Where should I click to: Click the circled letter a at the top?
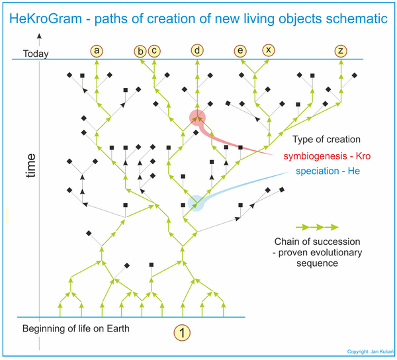pyautogui.click(x=97, y=51)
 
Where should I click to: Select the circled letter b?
pyautogui.click(x=140, y=52)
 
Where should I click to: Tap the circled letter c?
pyautogui.click(x=154, y=51)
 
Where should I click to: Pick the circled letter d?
pyautogui.click(x=197, y=50)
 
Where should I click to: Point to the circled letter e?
pyautogui.click(x=240, y=51)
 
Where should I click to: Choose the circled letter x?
pyautogui.click(x=269, y=50)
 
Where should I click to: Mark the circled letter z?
pyautogui.click(x=341, y=51)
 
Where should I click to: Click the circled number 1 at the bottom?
pyautogui.click(x=182, y=333)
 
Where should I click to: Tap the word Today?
pyautogui.click(x=36, y=54)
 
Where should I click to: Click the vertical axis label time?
pyautogui.click(x=30, y=165)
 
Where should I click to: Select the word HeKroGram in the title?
pyautogui.click(x=46, y=19)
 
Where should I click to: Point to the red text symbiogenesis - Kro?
pyautogui.click(x=327, y=156)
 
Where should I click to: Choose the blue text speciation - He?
pyautogui.click(x=328, y=171)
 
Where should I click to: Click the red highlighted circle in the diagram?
pyautogui.click(x=197, y=118)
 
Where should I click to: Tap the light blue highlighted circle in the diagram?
pyautogui.click(x=196, y=203)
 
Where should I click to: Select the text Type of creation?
pyautogui.click(x=326, y=140)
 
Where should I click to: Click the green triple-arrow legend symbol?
pyautogui.click(x=317, y=227)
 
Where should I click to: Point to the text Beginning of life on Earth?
pyautogui.click(x=76, y=328)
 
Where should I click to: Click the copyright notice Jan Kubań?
pyautogui.click(x=370, y=351)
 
